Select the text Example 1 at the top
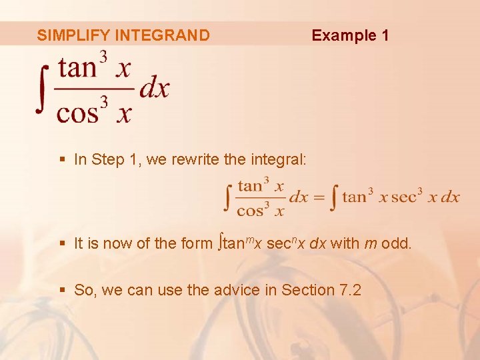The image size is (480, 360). coord(350,35)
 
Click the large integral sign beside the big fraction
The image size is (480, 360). coord(43,89)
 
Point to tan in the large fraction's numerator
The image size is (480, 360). coord(77,68)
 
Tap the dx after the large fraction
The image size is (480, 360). coord(155,89)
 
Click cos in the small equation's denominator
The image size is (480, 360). coord(251,211)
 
